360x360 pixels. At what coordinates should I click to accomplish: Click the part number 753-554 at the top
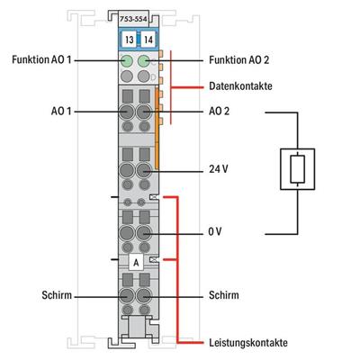[135, 17]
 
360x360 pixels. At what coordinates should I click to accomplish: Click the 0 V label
[213, 231]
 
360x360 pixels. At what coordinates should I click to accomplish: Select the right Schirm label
[221, 294]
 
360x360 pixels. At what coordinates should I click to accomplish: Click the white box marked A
[135, 262]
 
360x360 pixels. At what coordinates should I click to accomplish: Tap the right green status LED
[142, 62]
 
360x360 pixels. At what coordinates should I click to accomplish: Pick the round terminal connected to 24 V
[142, 170]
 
